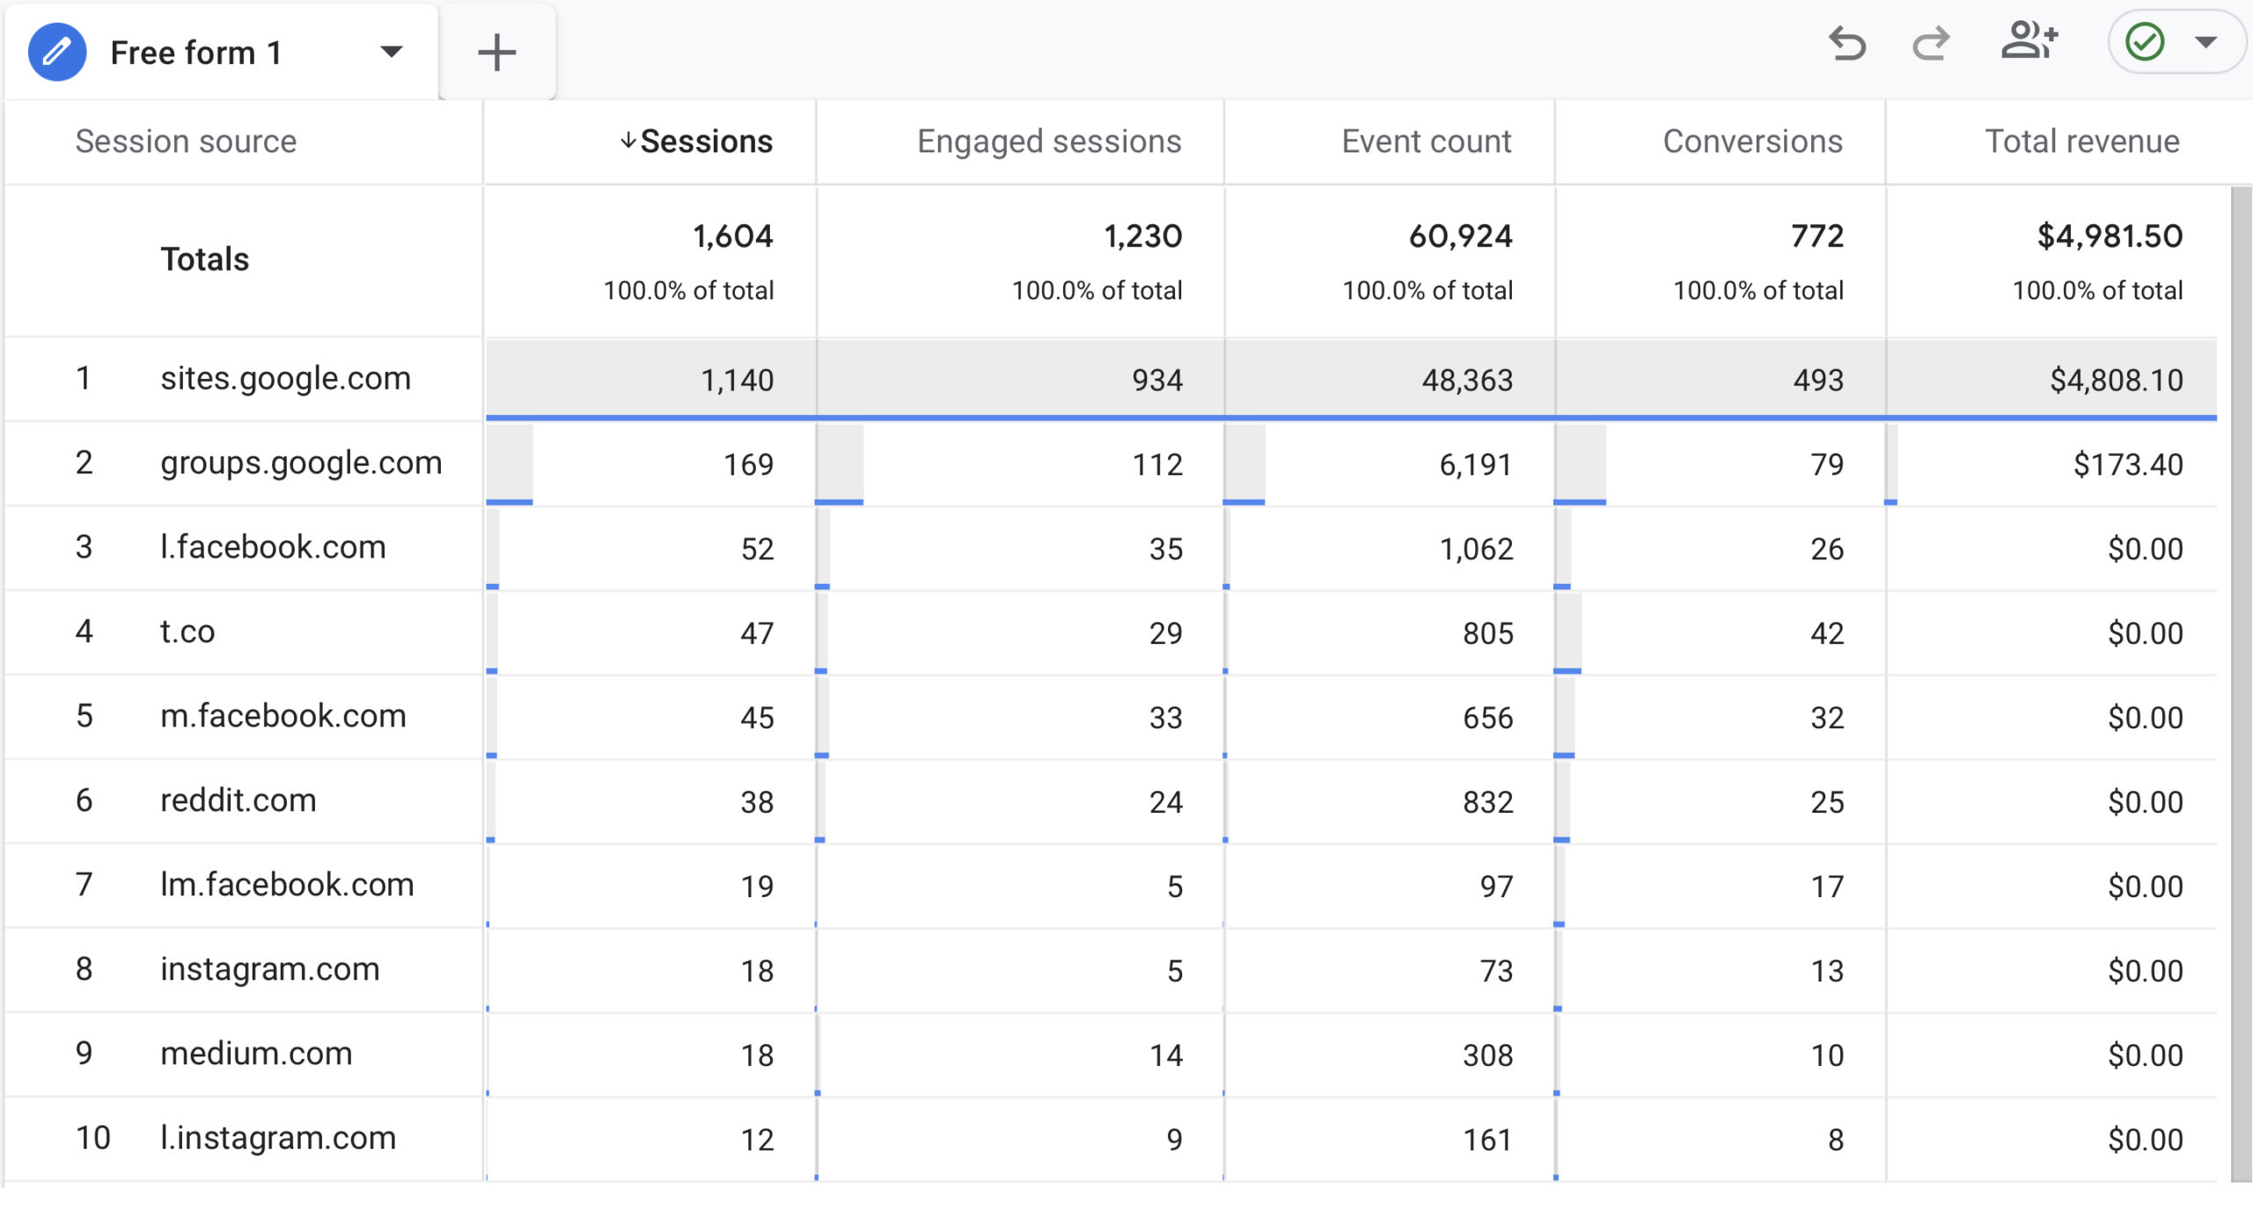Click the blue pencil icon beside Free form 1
coord(57,52)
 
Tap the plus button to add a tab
coord(496,52)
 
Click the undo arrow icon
coord(1846,43)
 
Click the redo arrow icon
coord(1931,43)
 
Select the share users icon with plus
coord(2029,41)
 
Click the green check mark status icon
coord(2145,41)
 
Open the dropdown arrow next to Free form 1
coord(391,52)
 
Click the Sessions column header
coord(706,142)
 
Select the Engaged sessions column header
coord(1049,142)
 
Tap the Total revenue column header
coord(2082,142)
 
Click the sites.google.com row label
coord(285,379)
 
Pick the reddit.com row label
coord(238,801)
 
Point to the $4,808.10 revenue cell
coord(2116,380)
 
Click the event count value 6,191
coord(1476,464)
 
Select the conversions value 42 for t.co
coord(1827,633)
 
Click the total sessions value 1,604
coord(732,236)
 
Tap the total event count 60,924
coord(1460,236)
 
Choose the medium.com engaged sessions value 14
coord(1166,1055)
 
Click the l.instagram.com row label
coord(278,1139)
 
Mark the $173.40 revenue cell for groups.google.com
coord(2127,464)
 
